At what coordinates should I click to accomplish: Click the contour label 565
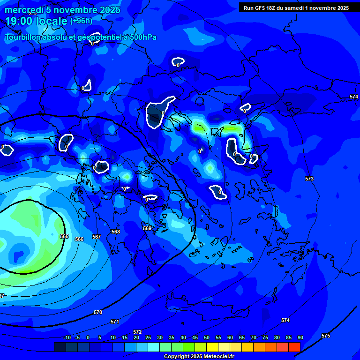tap(64, 236)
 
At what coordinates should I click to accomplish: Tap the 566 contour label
tap(79, 239)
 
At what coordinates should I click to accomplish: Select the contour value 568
tap(116, 232)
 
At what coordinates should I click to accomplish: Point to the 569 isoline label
tap(147, 228)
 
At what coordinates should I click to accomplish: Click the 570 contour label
tap(98, 312)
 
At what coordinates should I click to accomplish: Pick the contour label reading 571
tap(115, 322)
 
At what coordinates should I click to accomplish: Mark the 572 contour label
tap(137, 332)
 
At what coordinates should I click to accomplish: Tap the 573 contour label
tap(309, 179)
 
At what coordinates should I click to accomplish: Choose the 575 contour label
tap(326, 336)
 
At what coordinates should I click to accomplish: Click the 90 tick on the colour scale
tap(300, 337)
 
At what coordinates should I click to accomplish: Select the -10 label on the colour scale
tap(67, 337)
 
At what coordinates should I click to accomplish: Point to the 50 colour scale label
tap(206, 337)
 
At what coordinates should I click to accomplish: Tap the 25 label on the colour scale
tap(148, 337)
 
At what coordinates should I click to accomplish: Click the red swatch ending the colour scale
tap(294, 347)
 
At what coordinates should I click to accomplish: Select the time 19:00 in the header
tap(19, 21)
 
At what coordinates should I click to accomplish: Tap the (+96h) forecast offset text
tap(81, 21)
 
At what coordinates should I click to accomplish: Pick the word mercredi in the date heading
tap(25, 10)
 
